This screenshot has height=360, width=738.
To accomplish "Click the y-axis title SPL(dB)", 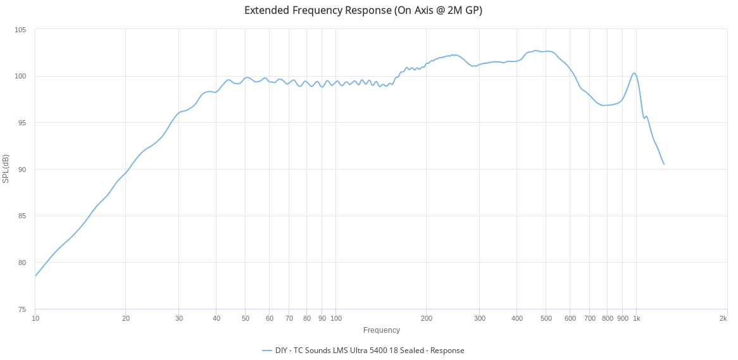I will coord(6,169).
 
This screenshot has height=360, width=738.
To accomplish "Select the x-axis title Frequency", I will coord(382,330).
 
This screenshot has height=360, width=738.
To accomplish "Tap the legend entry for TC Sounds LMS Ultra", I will coord(370,351).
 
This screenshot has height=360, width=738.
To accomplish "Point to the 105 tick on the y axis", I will coord(21,30).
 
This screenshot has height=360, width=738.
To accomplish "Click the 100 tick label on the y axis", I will coord(21,77).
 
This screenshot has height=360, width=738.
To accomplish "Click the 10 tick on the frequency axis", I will coord(35,318).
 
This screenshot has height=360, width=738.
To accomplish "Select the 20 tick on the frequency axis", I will coord(126,318).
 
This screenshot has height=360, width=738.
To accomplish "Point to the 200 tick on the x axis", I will coord(427,318).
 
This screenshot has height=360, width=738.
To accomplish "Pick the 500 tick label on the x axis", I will coord(546,318).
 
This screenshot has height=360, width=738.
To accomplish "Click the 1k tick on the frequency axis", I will coord(637,318).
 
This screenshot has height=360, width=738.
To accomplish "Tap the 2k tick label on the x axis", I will coord(723,318).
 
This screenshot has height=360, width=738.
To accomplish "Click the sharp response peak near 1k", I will coord(634,73).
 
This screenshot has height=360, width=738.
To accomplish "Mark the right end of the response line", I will coord(664,164).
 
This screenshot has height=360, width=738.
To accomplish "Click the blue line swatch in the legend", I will coord(266,351).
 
